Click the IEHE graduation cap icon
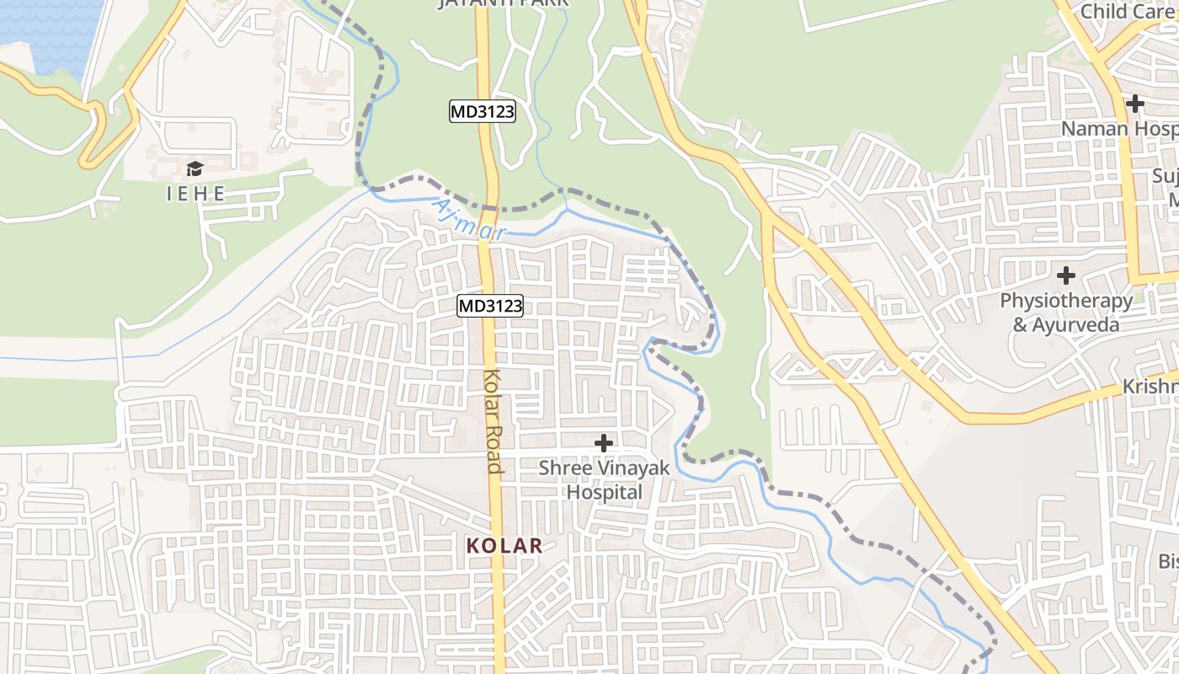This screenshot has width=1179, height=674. pyautogui.click(x=195, y=168)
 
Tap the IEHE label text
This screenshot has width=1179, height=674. pyautogui.click(x=195, y=194)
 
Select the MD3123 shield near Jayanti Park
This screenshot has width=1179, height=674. pyautogui.click(x=482, y=111)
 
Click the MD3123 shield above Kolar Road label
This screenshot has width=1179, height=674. pyautogui.click(x=490, y=306)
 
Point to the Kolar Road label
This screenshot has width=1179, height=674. pyautogui.click(x=494, y=421)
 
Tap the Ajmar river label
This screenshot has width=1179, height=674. pyautogui.click(x=468, y=221)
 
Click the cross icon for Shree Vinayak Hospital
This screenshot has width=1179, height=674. pyautogui.click(x=604, y=442)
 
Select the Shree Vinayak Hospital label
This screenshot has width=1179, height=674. pyautogui.click(x=604, y=479)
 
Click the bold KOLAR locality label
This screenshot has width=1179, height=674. pyautogui.click(x=504, y=545)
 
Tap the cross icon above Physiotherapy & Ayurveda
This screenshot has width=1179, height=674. pyautogui.click(x=1066, y=275)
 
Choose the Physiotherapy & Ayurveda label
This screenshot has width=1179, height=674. pyautogui.click(x=1066, y=313)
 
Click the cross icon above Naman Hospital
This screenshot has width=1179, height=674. pyautogui.click(x=1135, y=104)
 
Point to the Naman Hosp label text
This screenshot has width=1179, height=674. pyautogui.click(x=1118, y=129)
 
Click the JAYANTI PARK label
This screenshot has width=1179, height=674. pyautogui.click(x=503, y=3)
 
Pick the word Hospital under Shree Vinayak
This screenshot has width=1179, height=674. pyautogui.click(x=604, y=491)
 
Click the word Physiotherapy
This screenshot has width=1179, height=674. pyautogui.click(x=1066, y=301)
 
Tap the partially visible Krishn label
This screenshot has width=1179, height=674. pyautogui.click(x=1150, y=387)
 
